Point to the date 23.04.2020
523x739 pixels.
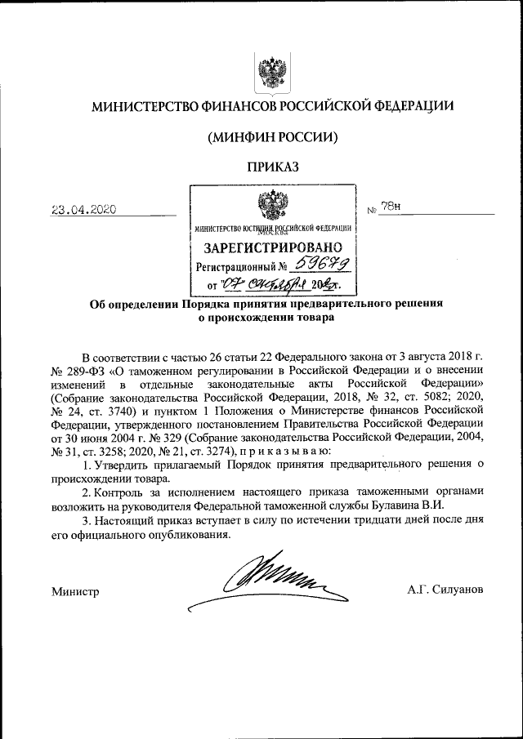coord(83,209)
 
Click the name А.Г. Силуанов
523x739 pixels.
coord(445,589)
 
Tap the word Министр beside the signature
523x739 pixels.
coord(74,590)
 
